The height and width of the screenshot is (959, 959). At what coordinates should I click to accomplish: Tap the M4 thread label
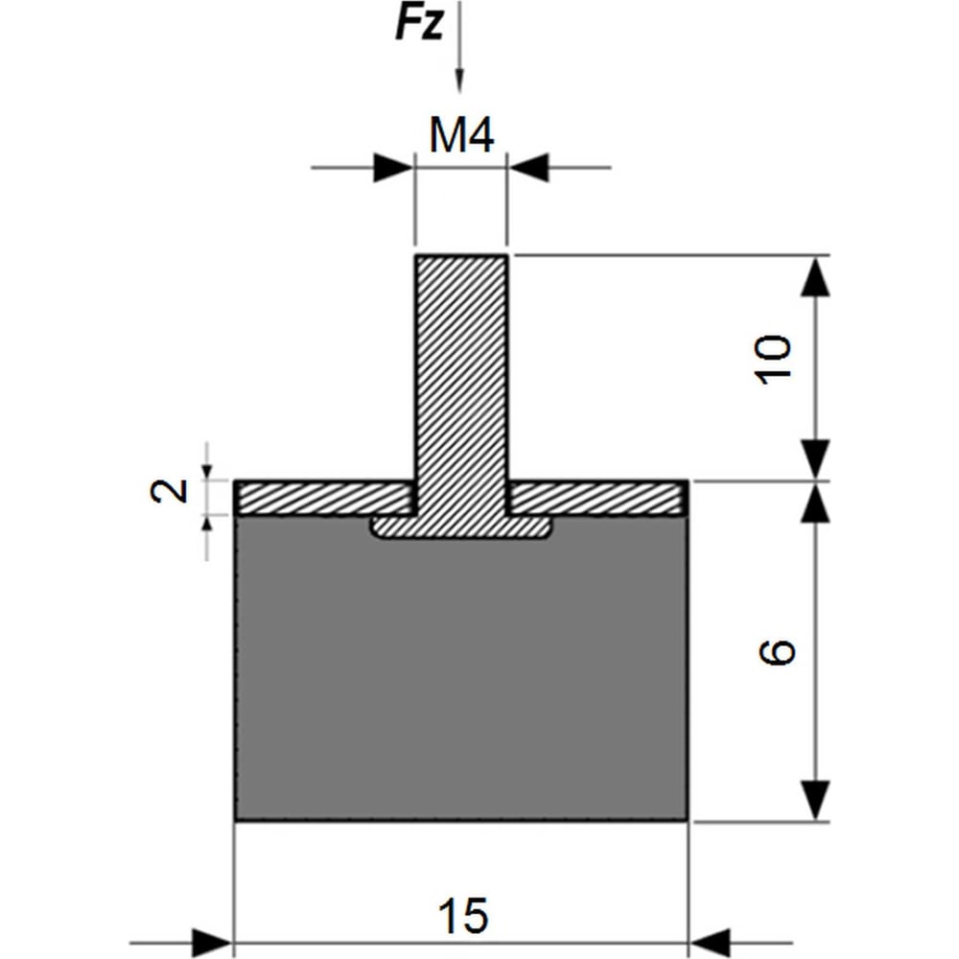click(x=461, y=135)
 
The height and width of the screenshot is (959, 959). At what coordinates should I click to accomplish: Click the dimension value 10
click(x=774, y=360)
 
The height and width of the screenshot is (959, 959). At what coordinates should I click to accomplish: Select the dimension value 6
click(x=777, y=651)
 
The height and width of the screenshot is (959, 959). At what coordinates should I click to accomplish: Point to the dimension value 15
click(x=463, y=916)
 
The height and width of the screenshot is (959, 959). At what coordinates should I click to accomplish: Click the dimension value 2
click(x=169, y=490)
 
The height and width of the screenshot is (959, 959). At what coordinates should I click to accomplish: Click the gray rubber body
click(x=462, y=673)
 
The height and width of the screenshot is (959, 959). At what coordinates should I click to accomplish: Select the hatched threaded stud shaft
click(x=461, y=386)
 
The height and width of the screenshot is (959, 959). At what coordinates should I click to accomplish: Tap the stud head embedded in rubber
click(x=462, y=527)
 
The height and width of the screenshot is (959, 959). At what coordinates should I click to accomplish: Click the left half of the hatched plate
click(x=325, y=498)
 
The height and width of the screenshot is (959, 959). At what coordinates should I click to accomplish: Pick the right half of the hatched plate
click(x=598, y=498)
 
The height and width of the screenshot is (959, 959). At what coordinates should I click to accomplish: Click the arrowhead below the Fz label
click(x=460, y=81)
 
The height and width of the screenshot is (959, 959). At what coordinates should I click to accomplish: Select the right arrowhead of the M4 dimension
click(x=528, y=168)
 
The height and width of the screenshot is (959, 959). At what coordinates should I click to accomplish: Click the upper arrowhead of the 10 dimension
click(x=815, y=276)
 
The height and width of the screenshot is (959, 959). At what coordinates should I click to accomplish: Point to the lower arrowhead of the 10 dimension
click(x=815, y=459)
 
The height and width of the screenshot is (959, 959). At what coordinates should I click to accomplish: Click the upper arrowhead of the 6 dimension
click(x=815, y=503)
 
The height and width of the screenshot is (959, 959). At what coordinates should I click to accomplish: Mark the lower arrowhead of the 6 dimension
click(x=815, y=800)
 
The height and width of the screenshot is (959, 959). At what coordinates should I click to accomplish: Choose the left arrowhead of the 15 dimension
click(x=213, y=943)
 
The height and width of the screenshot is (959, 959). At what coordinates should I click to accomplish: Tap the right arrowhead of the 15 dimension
click(x=711, y=943)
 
